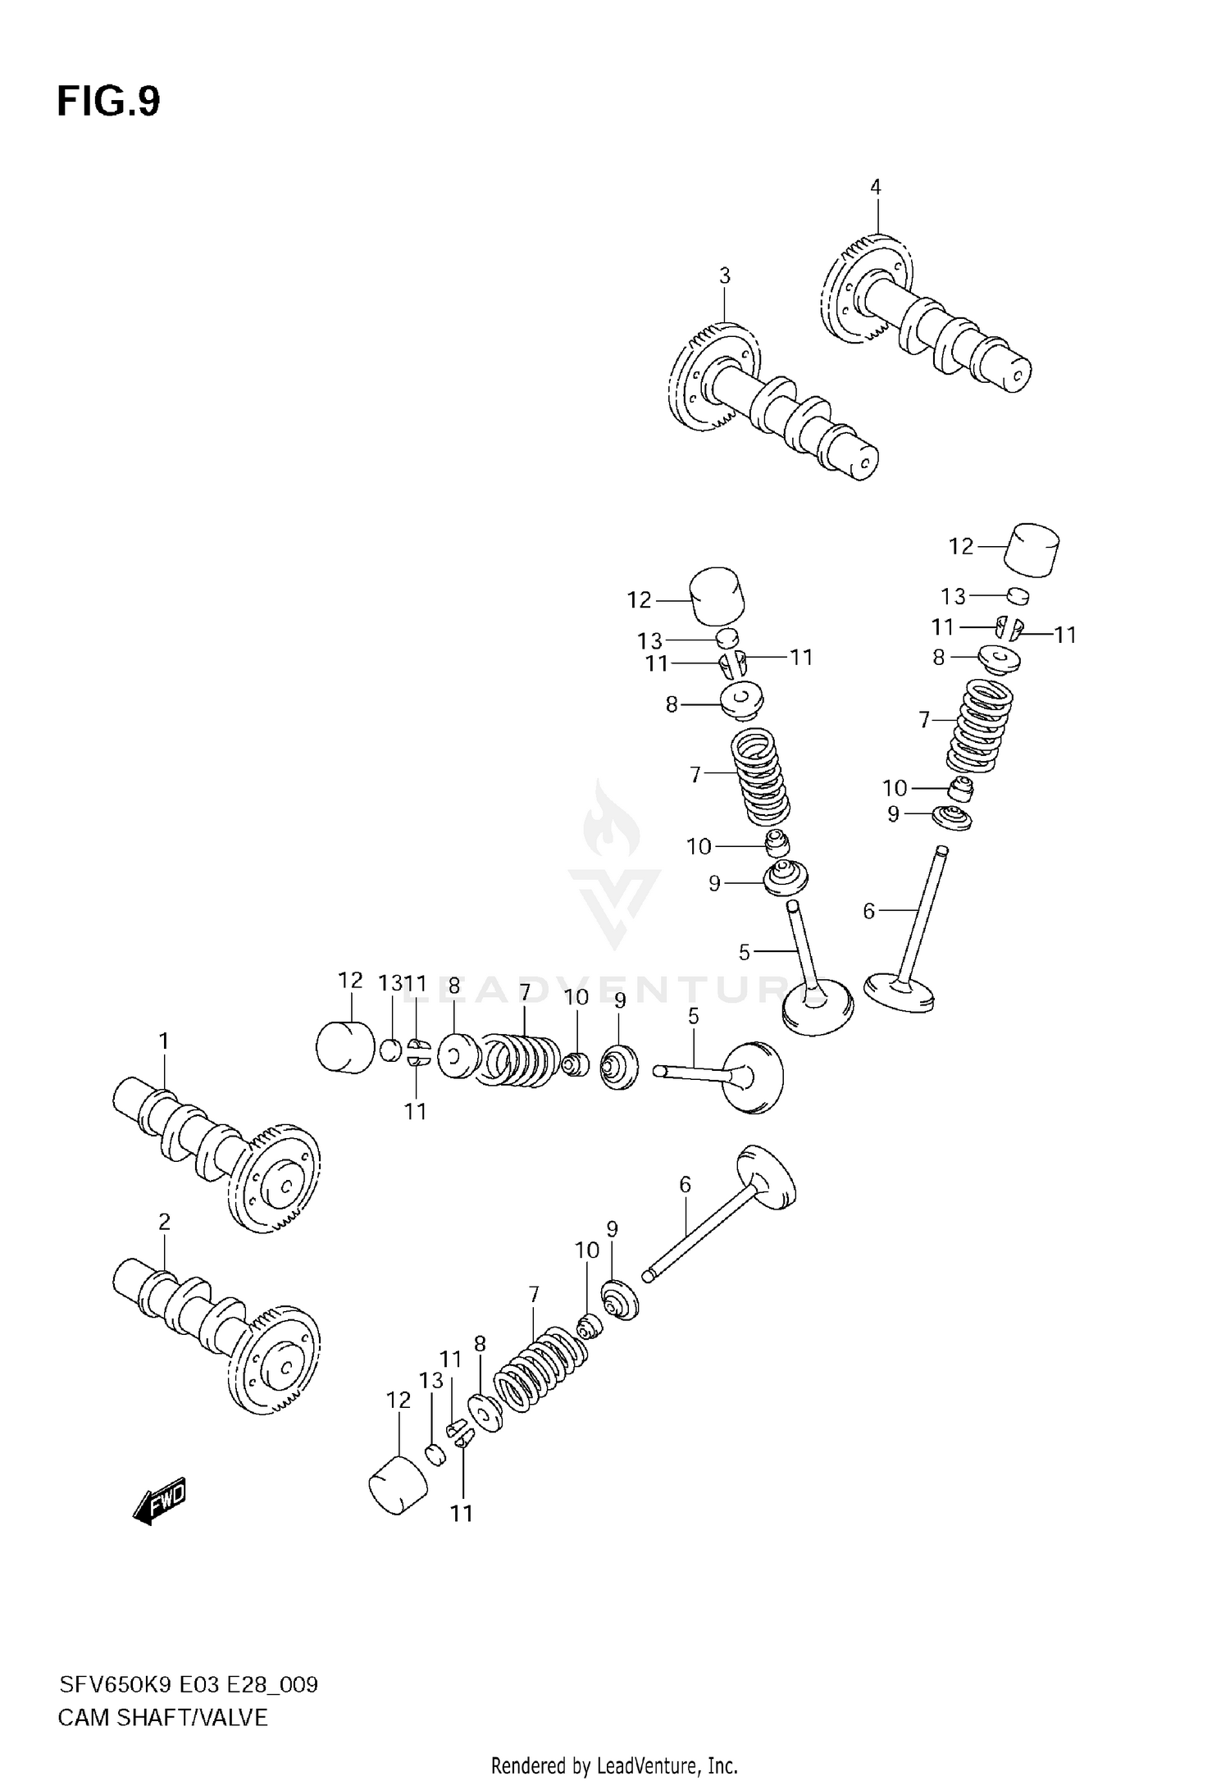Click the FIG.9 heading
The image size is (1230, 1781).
[108, 102]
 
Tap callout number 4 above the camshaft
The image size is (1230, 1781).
[875, 187]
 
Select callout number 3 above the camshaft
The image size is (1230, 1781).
[724, 276]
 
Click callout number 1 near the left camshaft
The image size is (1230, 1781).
[163, 1041]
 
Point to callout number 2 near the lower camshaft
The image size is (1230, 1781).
[163, 1222]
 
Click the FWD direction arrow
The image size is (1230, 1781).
[161, 1502]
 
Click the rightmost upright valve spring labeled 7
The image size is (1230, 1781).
[980, 726]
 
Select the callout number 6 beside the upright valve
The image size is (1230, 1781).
[869, 910]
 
